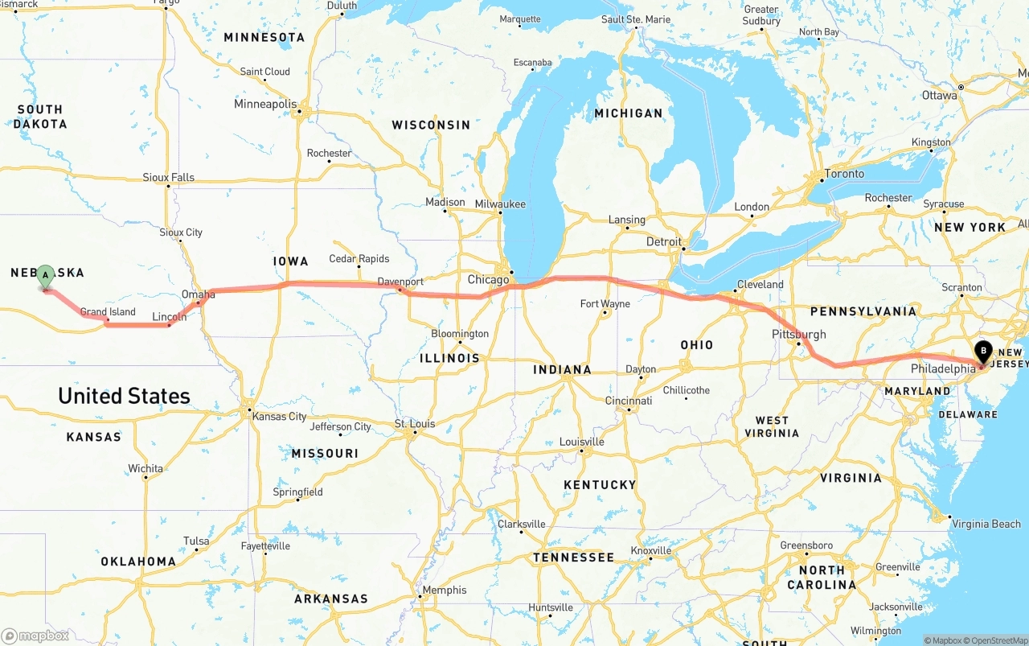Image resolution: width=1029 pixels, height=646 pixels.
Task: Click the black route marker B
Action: pyautogui.click(x=982, y=352)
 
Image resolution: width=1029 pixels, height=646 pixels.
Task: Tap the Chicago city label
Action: pyautogui.click(x=489, y=280)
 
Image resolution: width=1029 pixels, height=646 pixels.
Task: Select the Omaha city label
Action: pyautogui.click(x=198, y=294)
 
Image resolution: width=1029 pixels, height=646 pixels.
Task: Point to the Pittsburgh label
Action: pyautogui.click(x=798, y=334)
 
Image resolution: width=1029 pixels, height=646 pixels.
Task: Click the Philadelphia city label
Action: pyautogui.click(x=943, y=368)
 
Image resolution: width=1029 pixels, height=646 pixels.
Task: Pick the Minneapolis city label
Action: pyautogui.click(x=265, y=104)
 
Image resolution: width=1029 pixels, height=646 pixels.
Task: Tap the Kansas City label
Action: pyautogui.click(x=279, y=417)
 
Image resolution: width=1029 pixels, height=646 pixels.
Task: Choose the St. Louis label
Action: pyautogui.click(x=415, y=424)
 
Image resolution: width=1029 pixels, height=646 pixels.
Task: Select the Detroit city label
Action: pyautogui.click(x=664, y=241)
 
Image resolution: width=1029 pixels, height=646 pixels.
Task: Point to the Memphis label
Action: pyautogui.click(x=444, y=590)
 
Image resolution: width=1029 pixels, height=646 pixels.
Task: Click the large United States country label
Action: pyautogui.click(x=124, y=396)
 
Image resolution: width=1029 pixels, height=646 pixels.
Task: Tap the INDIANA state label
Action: pyautogui.click(x=563, y=370)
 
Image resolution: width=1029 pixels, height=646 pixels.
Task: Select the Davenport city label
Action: pyautogui.click(x=400, y=282)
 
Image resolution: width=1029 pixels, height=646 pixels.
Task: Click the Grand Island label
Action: pyautogui.click(x=108, y=312)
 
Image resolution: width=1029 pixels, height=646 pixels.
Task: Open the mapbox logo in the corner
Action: pyautogui.click(x=35, y=636)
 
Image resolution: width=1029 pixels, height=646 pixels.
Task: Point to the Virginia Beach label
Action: pyautogui.click(x=986, y=525)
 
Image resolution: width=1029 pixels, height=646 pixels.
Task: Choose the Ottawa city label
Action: pyautogui.click(x=940, y=96)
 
